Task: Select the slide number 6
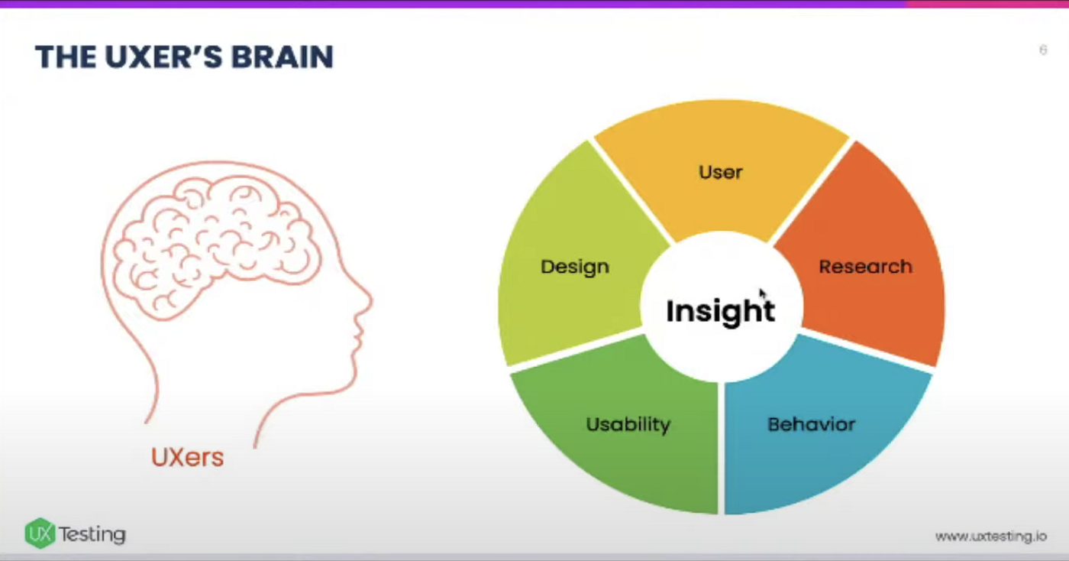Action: pos(1042,50)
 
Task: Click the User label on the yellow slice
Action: pos(720,172)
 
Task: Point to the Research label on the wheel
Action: pos(865,267)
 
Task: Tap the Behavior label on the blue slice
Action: pos(811,424)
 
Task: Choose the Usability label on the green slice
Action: pos(628,424)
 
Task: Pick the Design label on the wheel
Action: pos(574,267)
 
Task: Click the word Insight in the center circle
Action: pos(720,310)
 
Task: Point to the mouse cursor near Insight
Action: pos(762,295)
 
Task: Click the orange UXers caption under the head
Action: pos(187,457)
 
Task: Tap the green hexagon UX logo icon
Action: pos(40,533)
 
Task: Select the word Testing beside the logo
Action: pos(92,534)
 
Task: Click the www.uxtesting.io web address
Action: pos(990,537)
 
